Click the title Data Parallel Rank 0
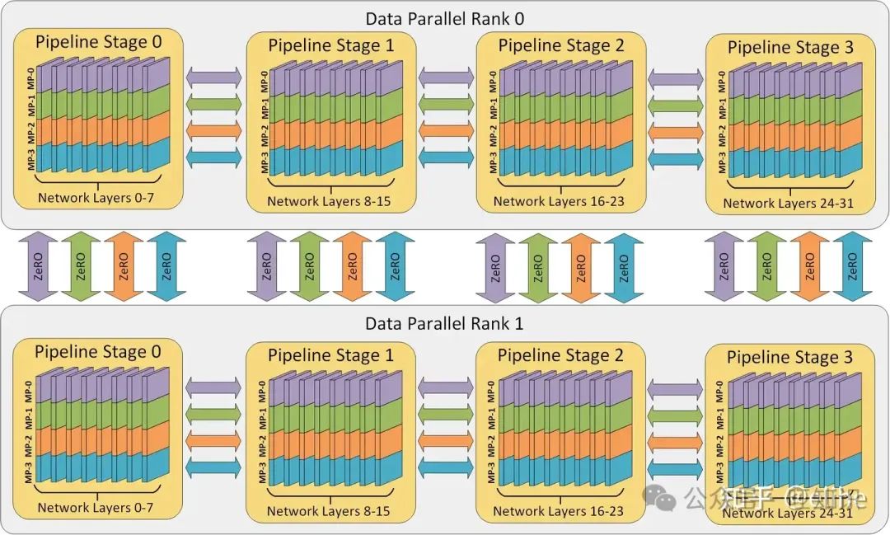[x=444, y=18]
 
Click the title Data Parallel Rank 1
[x=444, y=324]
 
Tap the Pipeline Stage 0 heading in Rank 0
[x=98, y=41]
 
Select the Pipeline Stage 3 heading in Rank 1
[x=789, y=358]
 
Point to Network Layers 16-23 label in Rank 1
[x=558, y=511]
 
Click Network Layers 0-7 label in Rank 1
[x=96, y=507]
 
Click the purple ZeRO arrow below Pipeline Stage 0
[x=38, y=265]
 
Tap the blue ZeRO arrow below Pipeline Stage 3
[x=853, y=265]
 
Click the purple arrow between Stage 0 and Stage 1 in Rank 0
[x=214, y=76]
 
